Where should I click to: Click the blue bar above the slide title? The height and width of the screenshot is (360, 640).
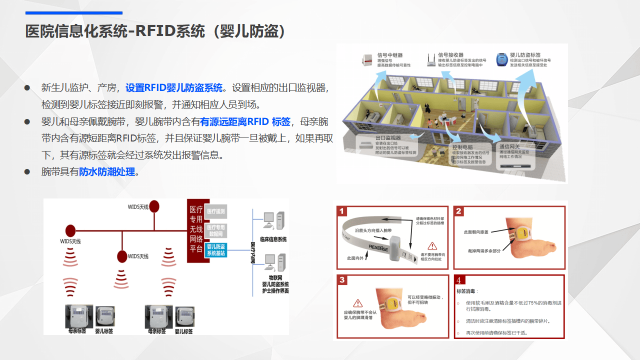point(74,13)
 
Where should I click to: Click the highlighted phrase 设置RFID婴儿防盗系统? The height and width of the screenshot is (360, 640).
point(174,88)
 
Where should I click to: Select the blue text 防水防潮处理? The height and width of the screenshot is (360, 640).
point(107,172)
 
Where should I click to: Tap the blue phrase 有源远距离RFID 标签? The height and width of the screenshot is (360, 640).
point(245,122)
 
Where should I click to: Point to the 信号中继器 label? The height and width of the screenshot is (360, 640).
point(390,55)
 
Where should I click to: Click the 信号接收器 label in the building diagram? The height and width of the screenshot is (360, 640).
point(450,55)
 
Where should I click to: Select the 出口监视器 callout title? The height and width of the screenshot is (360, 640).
point(388,138)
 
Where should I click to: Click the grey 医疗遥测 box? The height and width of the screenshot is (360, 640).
point(216,211)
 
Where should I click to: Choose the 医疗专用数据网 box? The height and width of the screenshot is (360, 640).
point(216,230)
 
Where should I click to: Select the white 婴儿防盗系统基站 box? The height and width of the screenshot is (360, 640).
point(216,250)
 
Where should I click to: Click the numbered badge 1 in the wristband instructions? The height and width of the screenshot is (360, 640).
point(342,211)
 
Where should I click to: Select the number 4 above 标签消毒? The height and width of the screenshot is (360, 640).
point(458,280)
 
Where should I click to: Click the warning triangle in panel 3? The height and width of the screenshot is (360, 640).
point(357,303)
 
